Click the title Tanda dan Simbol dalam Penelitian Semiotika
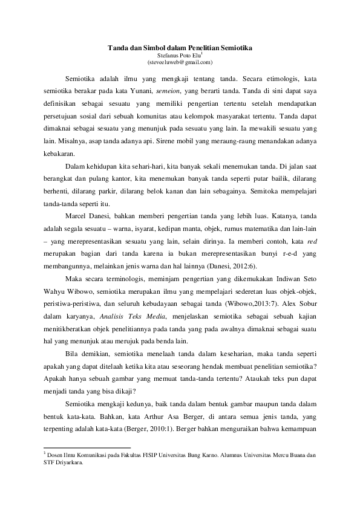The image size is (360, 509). point(180,47)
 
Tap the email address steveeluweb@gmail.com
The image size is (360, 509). point(180,62)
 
